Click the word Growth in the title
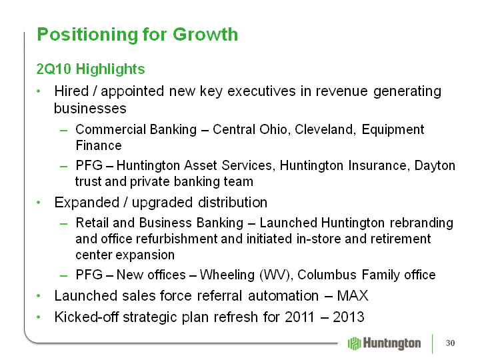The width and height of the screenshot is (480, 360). pos(205,34)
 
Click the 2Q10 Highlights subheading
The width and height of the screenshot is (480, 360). pos(91,69)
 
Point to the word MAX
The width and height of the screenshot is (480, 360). pos(353,296)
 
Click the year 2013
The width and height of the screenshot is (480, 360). pos(349,317)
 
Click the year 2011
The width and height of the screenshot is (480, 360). pos(300,317)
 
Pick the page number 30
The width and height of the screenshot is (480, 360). pos(450,343)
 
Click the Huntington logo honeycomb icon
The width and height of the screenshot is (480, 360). pos(355,343)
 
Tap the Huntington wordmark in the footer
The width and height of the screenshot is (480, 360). pos(392,343)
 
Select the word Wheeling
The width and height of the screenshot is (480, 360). pos(227,275)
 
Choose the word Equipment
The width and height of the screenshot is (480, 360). pos(393,130)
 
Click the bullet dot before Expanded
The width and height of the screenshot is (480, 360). pos(38,203)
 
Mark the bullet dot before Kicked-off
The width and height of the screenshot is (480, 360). pos(38,317)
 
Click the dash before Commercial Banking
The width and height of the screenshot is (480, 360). pos(64,131)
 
